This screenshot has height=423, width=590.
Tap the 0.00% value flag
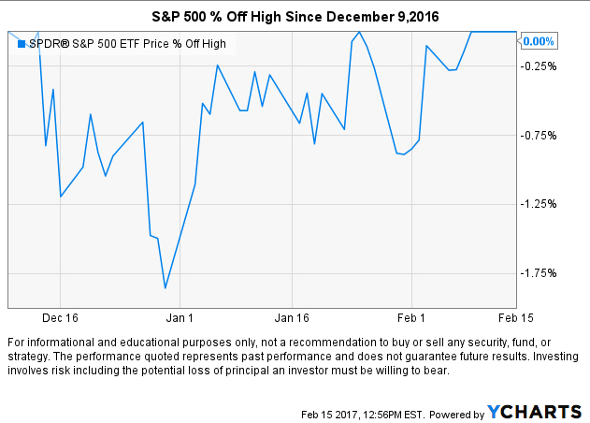pyautogui.click(x=538, y=41)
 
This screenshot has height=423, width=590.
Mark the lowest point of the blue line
pyautogui.click(x=165, y=288)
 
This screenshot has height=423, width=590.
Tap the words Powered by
pyautogui.click(x=457, y=413)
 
